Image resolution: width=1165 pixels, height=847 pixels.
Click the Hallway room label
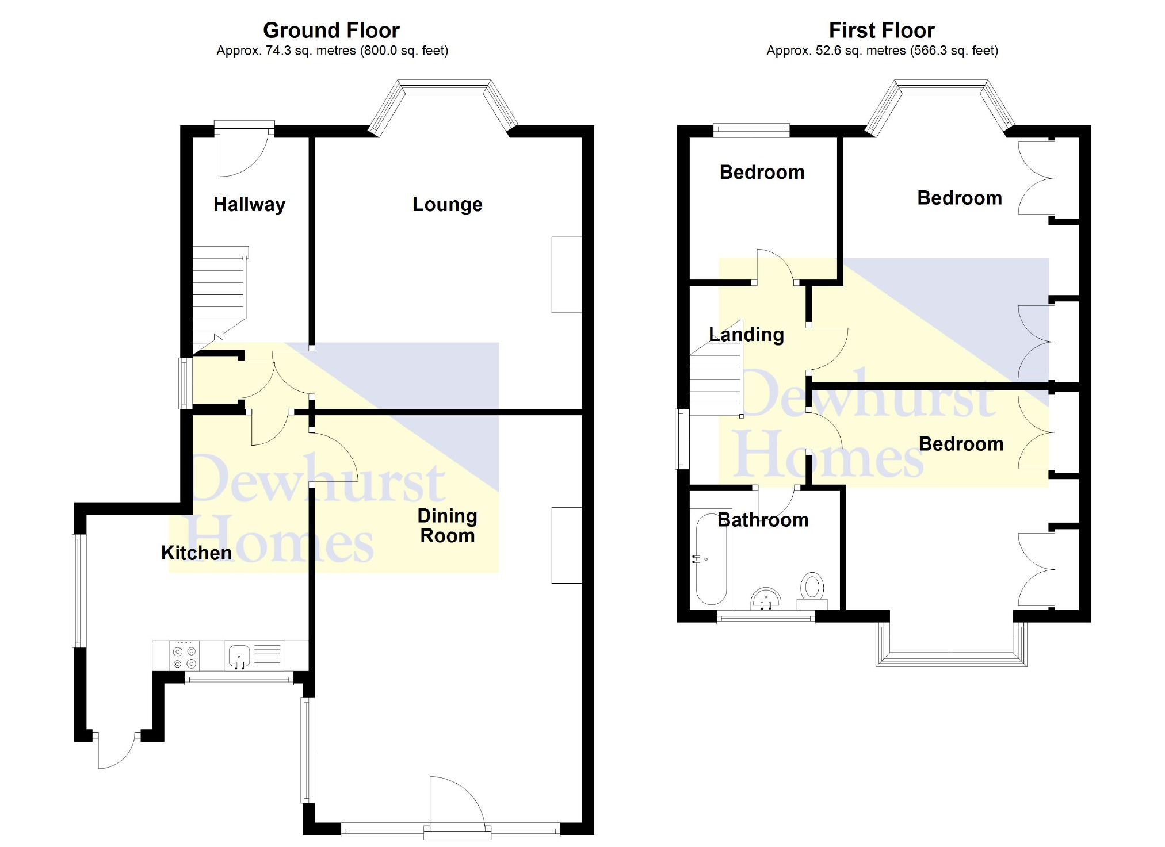point(249,205)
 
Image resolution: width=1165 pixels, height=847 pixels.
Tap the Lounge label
point(447,205)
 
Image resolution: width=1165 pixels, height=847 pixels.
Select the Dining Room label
point(447,526)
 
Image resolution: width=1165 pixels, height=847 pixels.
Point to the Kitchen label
point(196,553)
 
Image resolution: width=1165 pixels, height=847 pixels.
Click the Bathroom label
point(763,520)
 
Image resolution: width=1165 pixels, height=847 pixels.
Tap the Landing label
point(746,335)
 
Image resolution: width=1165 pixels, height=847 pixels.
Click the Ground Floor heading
point(331,30)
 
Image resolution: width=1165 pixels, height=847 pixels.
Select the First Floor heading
point(881,30)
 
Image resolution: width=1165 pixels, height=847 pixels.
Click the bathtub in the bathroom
point(711,559)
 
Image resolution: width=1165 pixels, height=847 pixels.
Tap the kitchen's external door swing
point(117,750)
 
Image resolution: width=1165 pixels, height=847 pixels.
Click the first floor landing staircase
point(716,382)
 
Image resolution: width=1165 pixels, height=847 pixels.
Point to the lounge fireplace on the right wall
point(566,275)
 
